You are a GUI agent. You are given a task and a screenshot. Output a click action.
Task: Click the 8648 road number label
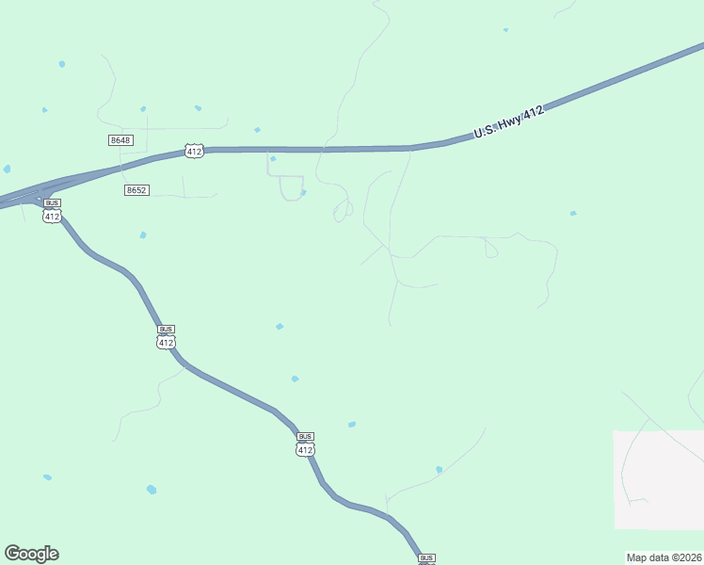[x=120, y=140]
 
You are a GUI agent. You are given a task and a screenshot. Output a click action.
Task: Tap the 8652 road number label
[x=136, y=190]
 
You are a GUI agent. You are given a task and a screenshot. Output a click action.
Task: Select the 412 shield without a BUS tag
[x=194, y=151]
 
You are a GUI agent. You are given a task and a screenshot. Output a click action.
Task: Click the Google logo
[x=31, y=554]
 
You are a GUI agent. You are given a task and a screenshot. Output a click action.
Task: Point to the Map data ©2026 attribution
[x=664, y=557]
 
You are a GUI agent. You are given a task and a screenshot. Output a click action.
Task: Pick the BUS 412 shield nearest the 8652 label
[x=52, y=211]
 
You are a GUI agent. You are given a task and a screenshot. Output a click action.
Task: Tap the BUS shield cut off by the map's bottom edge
[x=426, y=559]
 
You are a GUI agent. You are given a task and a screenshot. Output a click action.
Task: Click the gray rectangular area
[x=659, y=480]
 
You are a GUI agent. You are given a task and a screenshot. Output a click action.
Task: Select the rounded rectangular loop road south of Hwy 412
[x=292, y=187]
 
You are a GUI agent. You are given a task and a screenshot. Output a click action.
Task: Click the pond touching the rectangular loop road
[x=303, y=193]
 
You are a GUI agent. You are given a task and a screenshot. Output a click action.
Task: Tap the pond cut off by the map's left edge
[x=6, y=169]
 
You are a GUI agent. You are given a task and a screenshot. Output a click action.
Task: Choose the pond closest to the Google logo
[x=47, y=477]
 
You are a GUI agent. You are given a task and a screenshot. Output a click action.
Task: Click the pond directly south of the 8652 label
[x=143, y=234]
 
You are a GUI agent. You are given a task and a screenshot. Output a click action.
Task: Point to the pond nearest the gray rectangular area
[x=573, y=214]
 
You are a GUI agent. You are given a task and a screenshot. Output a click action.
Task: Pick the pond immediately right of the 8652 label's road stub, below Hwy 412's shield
[x=273, y=159]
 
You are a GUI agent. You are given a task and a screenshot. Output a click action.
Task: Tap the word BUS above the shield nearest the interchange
[x=52, y=203]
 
